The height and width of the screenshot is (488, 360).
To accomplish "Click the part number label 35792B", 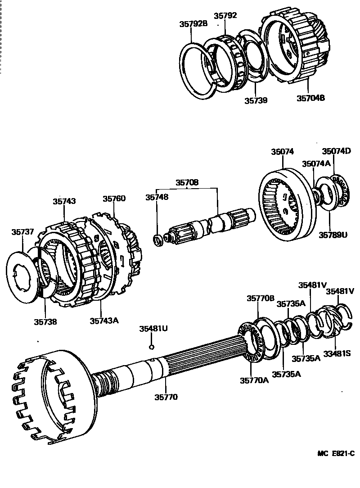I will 192,24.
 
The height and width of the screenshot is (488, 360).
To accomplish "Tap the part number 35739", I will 256,100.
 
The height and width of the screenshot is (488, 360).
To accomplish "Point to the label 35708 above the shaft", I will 187,182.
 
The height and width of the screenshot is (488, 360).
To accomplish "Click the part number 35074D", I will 336,151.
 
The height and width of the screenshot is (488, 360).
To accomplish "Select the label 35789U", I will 333,234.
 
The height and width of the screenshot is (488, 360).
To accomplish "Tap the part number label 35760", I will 114,199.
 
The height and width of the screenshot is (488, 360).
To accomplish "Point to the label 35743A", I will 104,321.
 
